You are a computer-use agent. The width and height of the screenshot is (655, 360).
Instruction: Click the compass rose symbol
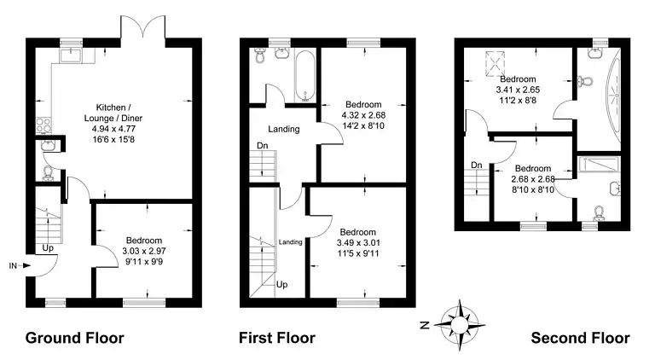[459, 324]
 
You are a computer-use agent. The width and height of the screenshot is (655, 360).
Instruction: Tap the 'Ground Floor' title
[75, 338]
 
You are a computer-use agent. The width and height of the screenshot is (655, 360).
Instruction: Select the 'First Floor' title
[277, 338]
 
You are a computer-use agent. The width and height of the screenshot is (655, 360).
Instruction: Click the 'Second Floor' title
[580, 338]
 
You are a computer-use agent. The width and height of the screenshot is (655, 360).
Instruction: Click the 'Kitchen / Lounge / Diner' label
[113, 113]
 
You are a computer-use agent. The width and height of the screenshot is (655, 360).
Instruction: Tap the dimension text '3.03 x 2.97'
[144, 252]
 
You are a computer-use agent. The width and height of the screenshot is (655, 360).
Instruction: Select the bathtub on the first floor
[306, 77]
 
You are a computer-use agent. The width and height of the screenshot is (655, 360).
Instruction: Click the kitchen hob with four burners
[43, 125]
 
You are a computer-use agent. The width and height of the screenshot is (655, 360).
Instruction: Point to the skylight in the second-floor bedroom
[496, 64]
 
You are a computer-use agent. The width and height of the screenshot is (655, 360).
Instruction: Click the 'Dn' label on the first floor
[263, 146]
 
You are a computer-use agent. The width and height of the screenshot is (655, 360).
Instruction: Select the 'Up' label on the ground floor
[48, 248]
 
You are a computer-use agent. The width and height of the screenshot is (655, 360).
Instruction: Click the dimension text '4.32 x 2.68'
[363, 115]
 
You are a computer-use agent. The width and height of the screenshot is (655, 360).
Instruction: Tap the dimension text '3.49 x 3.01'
[358, 243]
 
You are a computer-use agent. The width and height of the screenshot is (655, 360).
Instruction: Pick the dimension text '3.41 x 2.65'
[518, 90]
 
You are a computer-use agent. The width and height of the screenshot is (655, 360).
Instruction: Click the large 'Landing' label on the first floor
[284, 129]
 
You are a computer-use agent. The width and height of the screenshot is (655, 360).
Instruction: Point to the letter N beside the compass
[425, 324]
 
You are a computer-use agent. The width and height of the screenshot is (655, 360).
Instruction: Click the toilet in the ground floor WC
[48, 173]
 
